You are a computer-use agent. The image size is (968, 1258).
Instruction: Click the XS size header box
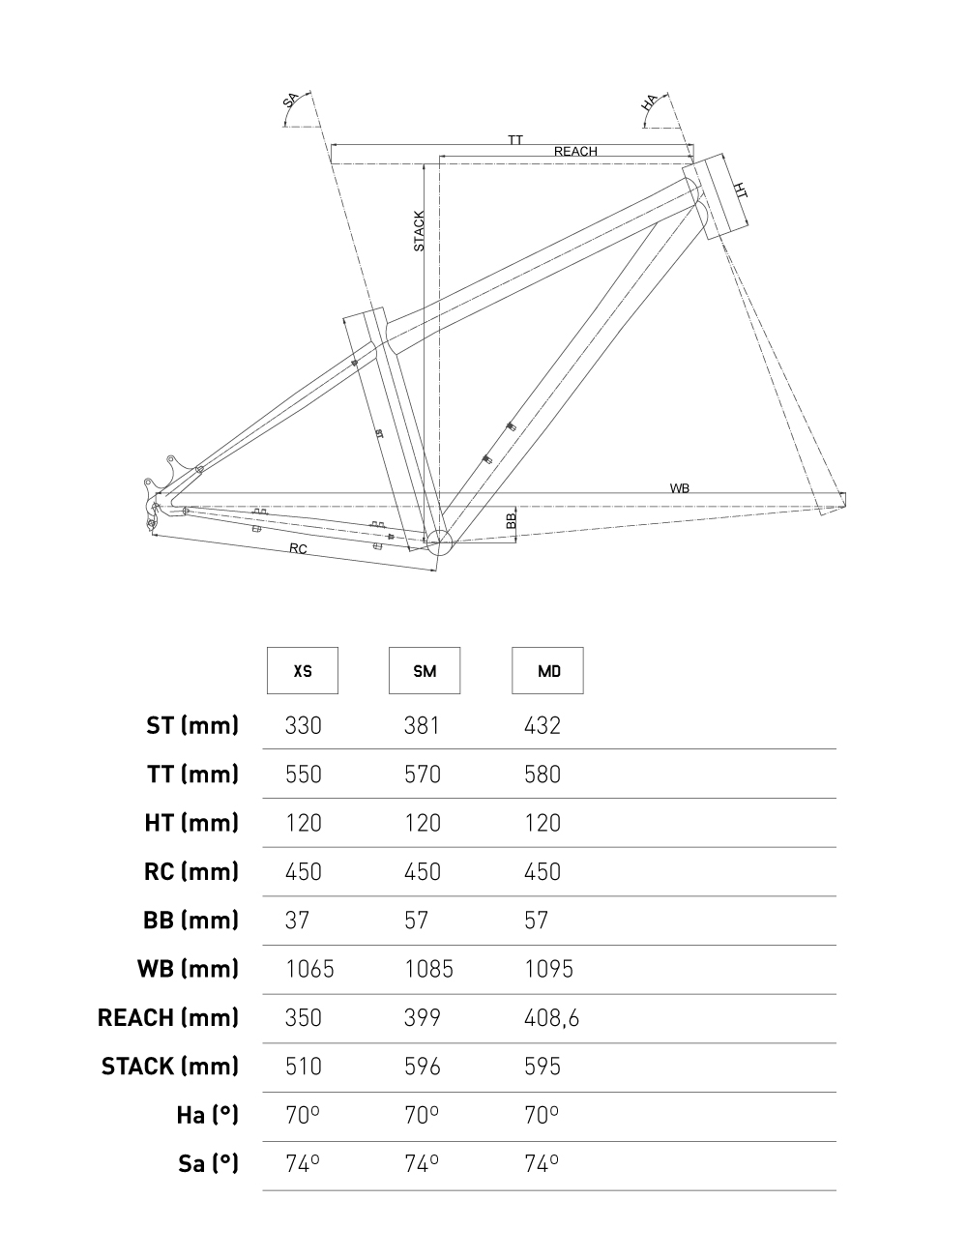pos(303,670)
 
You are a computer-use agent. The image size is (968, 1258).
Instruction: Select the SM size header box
pos(425,670)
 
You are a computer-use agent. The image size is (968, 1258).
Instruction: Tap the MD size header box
pos(547,670)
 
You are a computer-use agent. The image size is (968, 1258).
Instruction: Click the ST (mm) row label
pos(192,725)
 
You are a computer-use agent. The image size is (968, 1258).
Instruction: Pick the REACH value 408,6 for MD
pos(551,1017)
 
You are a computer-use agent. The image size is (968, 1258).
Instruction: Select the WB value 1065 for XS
pos(309,969)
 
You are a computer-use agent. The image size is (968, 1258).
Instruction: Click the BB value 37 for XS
pos(297,920)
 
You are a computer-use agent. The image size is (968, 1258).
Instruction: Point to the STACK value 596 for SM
pos(422,1067)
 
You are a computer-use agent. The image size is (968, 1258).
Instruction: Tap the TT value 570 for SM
pos(422,775)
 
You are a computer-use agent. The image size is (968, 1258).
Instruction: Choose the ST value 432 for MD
pos(542,725)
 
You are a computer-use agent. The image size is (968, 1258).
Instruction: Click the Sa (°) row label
pos(208,1163)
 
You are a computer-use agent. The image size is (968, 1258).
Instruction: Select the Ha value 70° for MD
pos(542,1115)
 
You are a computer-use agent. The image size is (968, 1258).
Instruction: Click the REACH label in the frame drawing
pos(575,152)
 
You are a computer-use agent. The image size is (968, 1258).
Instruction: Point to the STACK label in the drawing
pos(419,231)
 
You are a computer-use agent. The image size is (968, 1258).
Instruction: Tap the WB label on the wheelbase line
pos(680,488)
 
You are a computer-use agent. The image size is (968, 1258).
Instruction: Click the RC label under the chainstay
pos(298,549)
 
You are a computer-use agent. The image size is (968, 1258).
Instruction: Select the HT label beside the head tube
pos(740,190)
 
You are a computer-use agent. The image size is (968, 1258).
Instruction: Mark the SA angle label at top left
pos(290,101)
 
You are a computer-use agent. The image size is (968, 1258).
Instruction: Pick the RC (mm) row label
pos(191,871)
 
